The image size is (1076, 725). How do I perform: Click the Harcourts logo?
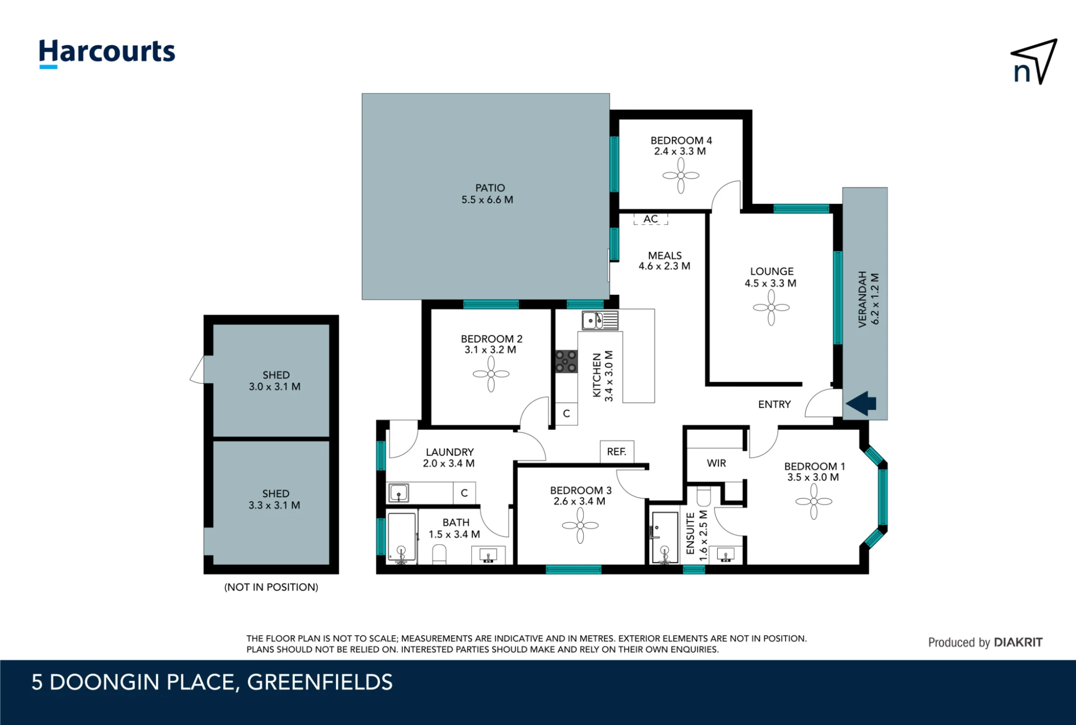coord(107,53)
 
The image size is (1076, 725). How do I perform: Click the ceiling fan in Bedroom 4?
coord(681,175)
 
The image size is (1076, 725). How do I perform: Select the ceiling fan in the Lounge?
coord(771,308)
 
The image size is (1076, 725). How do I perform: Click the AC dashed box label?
coord(650,219)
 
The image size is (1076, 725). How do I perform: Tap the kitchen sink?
coord(600,321)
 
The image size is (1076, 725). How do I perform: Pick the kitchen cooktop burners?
coord(566,361)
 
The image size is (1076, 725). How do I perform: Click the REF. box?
coord(617,452)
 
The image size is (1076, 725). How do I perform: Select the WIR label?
coord(716,463)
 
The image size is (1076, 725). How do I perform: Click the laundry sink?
coord(398,492)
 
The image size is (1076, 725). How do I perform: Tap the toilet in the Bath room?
coord(440,555)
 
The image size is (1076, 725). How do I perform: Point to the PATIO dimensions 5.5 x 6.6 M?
coord(487,200)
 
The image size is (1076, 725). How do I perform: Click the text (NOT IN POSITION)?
coord(271,587)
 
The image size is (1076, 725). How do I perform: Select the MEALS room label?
coord(665,255)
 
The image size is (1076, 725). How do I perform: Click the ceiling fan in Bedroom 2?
coord(491,374)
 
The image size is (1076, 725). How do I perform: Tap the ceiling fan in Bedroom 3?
coord(580,525)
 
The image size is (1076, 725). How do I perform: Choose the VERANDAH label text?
coord(862,299)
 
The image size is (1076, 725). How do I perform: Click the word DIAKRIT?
coord(1018,642)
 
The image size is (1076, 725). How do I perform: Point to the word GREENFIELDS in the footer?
coord(320,682)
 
